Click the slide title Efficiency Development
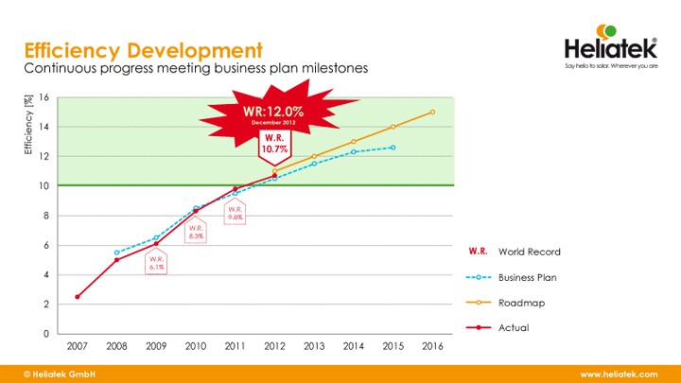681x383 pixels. tap(143, 49)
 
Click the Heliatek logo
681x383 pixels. tap(609, 47)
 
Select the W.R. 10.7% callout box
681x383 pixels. tap(275, 143)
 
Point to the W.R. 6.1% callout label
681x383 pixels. tap(156, 262)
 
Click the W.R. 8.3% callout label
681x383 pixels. tap(196, 232)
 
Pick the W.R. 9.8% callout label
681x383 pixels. tap(236, 213)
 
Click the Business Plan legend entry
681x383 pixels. tap(529, 278)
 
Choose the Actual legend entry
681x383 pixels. tap(514, 327)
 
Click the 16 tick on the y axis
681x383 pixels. tap(44, 97)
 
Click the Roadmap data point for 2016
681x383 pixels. tap(432, 112)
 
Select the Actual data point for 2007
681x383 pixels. tap(78, 297)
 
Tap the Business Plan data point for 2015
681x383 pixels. tap(393, 148)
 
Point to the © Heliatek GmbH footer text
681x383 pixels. tap(60, 374)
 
